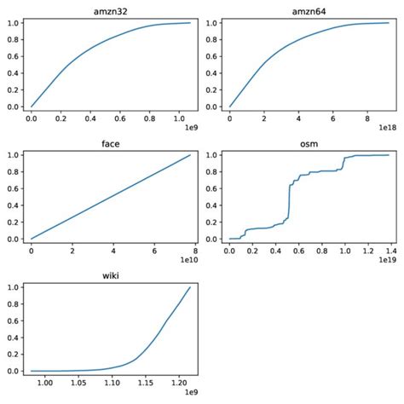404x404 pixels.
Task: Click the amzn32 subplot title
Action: pyautogui.click(x=110, y=10)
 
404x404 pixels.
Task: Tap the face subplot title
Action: pyautogui.click(x=110, y=143)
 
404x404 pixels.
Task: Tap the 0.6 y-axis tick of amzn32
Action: pyautogui.click(x=13, y=56)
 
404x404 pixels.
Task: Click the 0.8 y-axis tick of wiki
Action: pyautogui.click(x=13, y=304)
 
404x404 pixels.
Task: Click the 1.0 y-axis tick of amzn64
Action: pyautogui.click(x=211, y=22)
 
